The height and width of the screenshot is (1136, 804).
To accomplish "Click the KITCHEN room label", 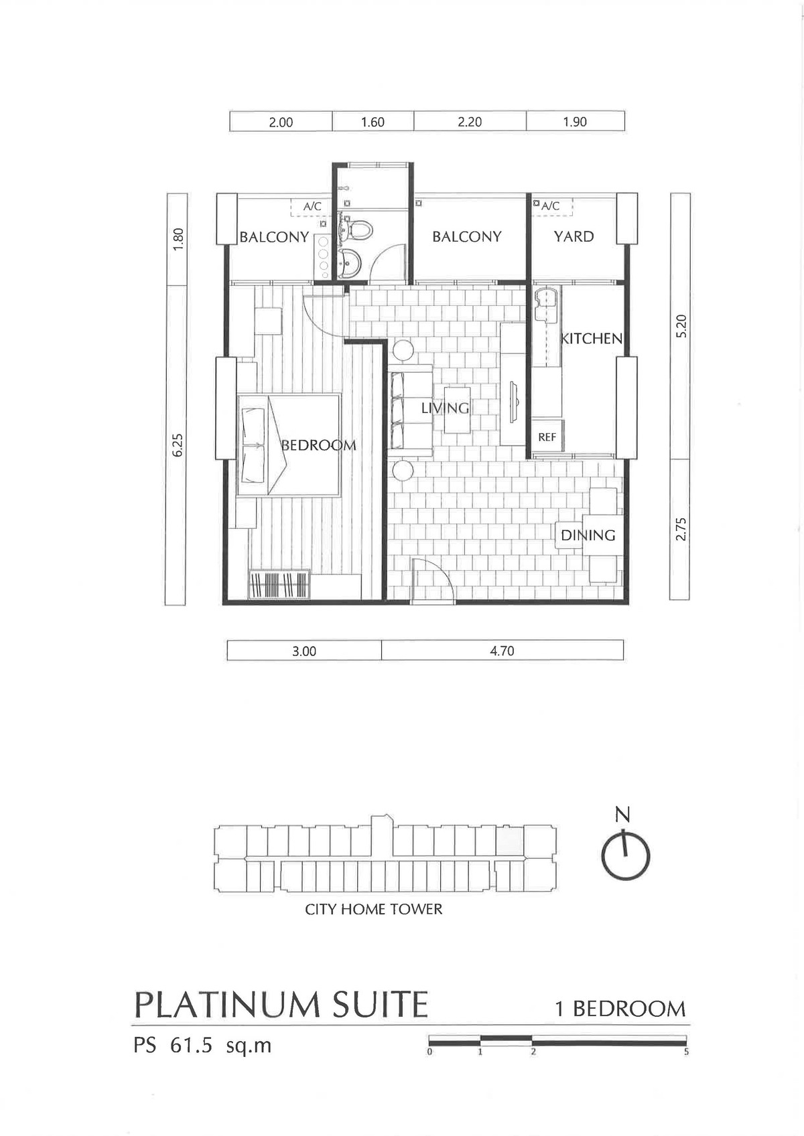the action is point(592,338).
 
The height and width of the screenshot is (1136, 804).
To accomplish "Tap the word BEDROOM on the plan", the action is point(319,445).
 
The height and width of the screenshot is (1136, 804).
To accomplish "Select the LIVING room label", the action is point(445,408).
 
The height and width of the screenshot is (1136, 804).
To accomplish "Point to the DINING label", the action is point(588,535).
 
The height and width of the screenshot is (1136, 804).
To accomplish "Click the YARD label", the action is point(574,236).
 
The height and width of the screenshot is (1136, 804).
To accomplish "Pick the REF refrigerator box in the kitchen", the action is point(547,436).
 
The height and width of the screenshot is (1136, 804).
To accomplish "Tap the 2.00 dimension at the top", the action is point(281,123).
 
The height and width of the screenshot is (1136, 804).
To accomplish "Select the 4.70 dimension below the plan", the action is point(502,651).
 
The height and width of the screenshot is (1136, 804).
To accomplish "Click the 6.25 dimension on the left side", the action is point(177,445).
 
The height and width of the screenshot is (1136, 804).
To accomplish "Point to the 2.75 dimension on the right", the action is point(681,529).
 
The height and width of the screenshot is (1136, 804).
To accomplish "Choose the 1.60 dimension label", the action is point(373,123).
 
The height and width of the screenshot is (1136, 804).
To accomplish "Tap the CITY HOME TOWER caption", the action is point(374,909).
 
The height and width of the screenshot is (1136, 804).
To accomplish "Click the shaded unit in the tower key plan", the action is point(509,840).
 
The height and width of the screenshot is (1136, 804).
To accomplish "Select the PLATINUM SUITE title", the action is point(281,1004).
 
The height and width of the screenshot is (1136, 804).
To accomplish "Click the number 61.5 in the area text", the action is point(191,1046).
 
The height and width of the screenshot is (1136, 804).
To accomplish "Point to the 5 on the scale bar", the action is point(686,1052).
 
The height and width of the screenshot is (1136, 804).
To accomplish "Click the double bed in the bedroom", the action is point(289,444).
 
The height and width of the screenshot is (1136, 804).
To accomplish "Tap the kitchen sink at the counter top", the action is point(545,305).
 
